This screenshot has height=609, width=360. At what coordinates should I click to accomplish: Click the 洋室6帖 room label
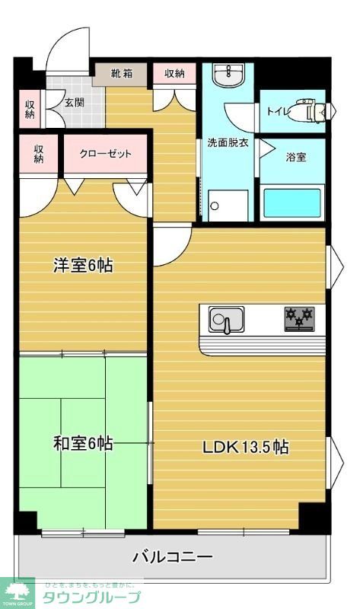pyautogui.click(x=83, y=266)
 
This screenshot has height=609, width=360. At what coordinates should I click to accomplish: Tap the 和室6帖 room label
pyautogui.click(x=83, y=443)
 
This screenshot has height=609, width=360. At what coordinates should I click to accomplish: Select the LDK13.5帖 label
pyautogui.click(x=244, y=448)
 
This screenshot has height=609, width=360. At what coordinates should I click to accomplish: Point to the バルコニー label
pyautogui.click(x=173, y=556)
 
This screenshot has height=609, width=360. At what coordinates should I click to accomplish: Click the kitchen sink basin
pyautogui.click(x=226, y=319)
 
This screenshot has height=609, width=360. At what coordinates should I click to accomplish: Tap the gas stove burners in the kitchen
pyautogui.click(x=299, y=317)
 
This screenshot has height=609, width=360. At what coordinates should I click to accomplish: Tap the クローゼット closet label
pyautogui.click(x=106, y=154)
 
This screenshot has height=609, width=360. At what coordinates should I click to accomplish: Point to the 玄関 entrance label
pyautogui.click(x=74, y=103)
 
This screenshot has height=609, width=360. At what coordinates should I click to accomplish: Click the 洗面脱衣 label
pyautogui.click(x=228, y=142)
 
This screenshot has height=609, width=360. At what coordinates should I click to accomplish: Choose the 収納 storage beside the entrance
pyautogui.click(x=29, y=109)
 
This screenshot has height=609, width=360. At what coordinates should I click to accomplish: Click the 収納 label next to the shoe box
pyautogui.click(x=174, y=74)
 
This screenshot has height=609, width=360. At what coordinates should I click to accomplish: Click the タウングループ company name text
pyautogui.click(x=90, y=597)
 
